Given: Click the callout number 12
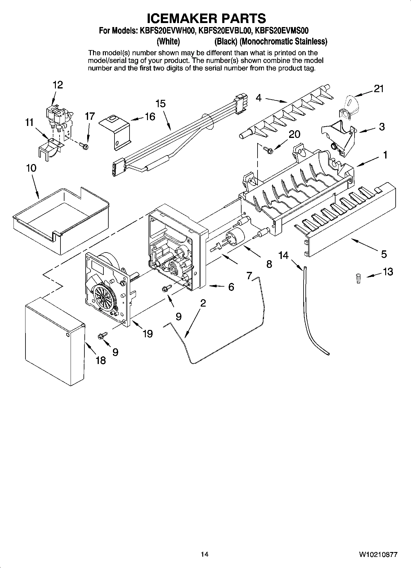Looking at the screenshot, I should (57, 85).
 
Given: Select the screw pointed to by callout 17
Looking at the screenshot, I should (83, 144).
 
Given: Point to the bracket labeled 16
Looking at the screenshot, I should (115, 132).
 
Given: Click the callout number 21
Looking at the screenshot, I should (379, 89).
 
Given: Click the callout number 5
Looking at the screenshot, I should (384, 254).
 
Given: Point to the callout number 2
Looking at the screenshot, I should (203, 303).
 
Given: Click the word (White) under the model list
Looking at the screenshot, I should (168, 41).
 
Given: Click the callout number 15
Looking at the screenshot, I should (160, 104).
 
